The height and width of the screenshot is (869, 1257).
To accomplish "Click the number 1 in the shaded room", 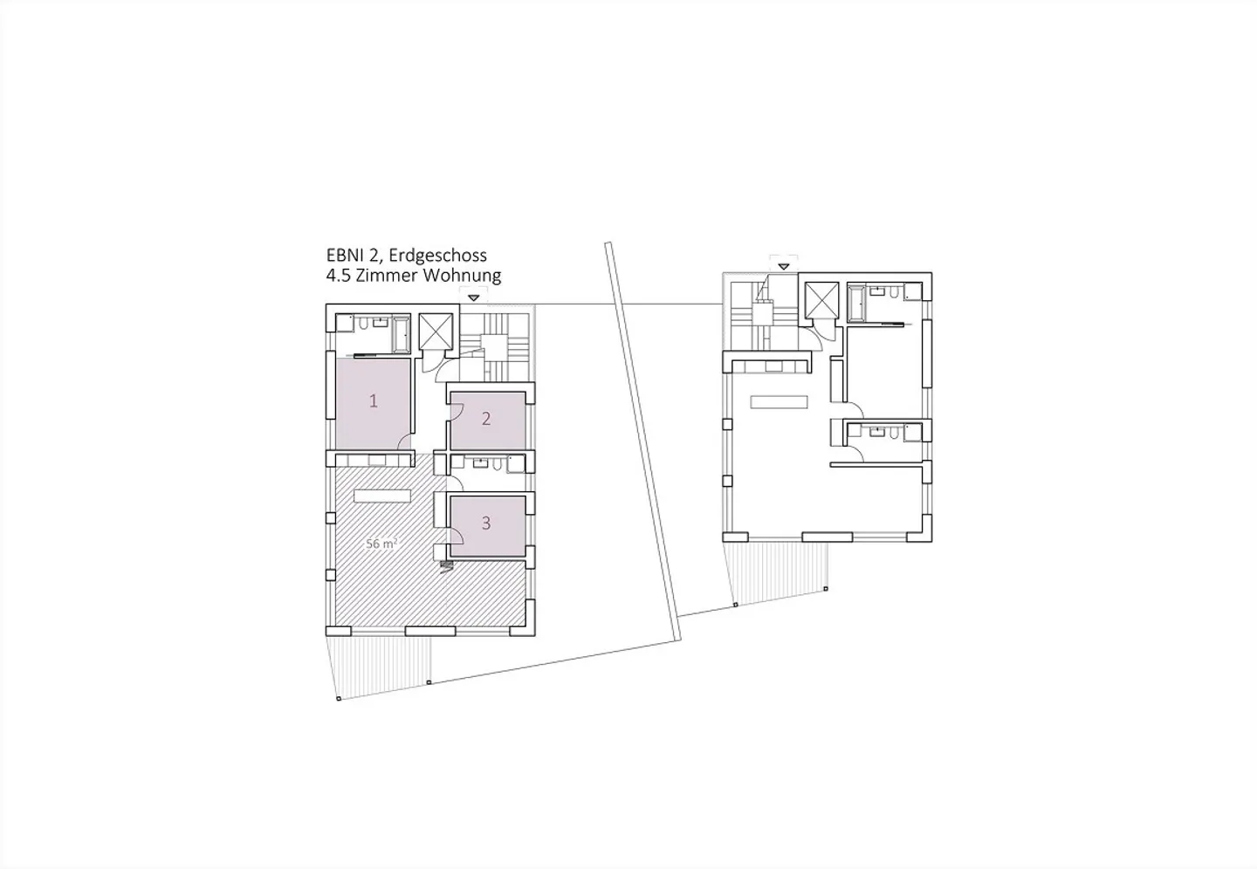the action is (x=374, y=401).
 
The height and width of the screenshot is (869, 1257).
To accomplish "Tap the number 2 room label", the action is (x=486, y=419).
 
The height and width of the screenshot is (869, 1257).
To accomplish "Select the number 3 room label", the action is (x=486, y=523).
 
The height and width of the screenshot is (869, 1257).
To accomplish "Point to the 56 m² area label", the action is (x=382, y=544).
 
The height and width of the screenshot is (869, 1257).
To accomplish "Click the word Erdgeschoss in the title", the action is (x=437, y=256).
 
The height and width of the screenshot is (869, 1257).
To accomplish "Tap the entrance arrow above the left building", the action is (x=474, y=298).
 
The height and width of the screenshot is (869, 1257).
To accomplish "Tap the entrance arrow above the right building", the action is (x=783, y=266).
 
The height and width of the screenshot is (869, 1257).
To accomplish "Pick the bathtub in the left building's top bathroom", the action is (x=402, y=334).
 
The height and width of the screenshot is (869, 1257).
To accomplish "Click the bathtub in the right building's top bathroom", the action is (x=856, y=303).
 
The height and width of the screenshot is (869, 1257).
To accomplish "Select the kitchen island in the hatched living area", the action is (x=382, y=496).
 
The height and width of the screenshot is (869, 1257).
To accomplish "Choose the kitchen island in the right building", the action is (x=779, y=401).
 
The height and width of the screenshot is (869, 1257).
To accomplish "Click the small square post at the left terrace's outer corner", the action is (x=339, y=699).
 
